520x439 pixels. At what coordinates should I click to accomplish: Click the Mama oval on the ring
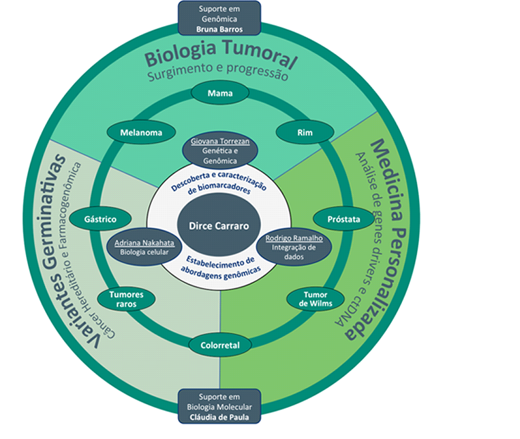coord(220,93)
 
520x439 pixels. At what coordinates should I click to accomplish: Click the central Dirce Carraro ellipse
coord(220,225)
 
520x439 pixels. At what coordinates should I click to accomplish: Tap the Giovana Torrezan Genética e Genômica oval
coord(220,151)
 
